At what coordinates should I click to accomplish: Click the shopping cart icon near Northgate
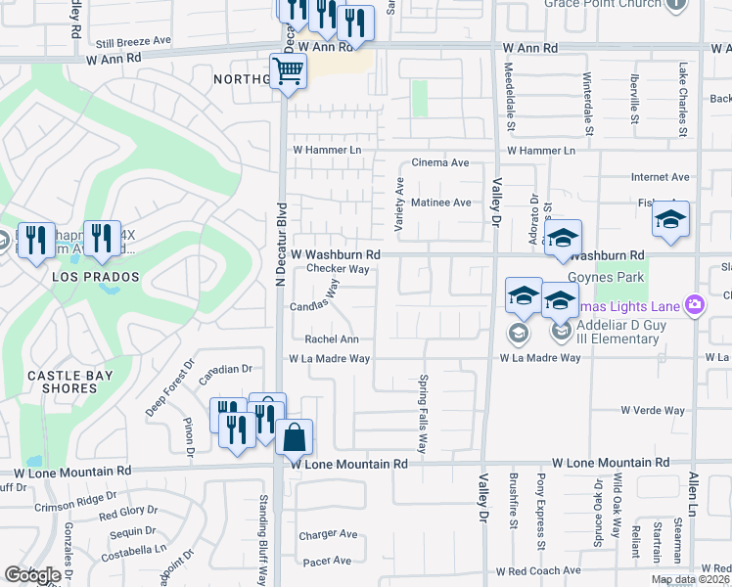point(289,71)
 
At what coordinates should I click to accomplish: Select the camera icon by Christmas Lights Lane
point(695,305)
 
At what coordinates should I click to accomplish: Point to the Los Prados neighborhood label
point(97,277)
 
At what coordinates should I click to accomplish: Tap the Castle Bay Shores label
point(69,382)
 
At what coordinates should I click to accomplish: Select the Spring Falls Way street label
point(424,413)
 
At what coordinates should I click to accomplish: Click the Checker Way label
point(338,268)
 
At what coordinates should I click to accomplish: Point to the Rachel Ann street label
point(332,339)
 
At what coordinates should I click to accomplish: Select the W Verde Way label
point(653,411)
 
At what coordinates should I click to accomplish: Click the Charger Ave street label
point(329,534)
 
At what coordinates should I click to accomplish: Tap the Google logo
point(32,575)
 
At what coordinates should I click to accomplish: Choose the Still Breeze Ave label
point(133,43)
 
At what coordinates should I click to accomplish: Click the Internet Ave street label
point(660,177)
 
